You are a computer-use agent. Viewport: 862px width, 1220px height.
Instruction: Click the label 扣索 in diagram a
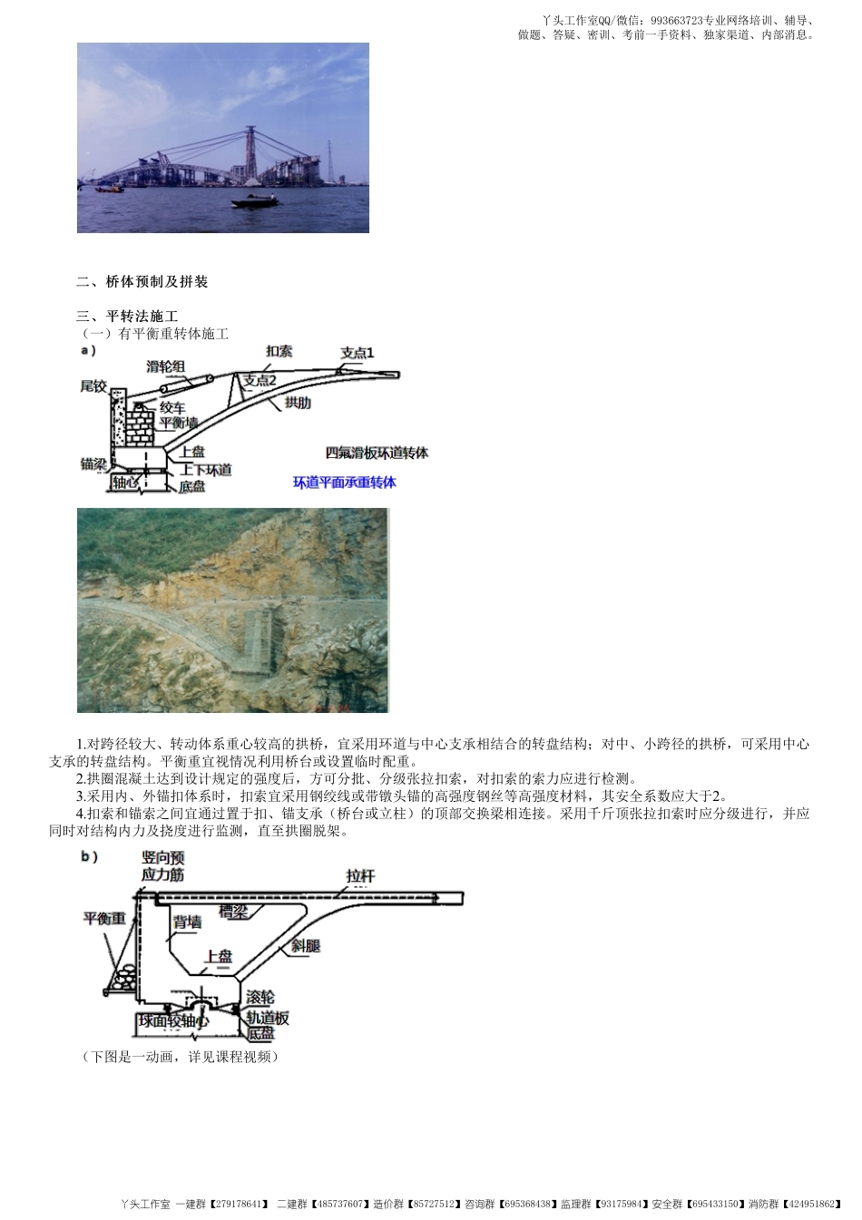pos(279,351)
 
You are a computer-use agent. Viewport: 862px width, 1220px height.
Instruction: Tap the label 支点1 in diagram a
pos(357,353)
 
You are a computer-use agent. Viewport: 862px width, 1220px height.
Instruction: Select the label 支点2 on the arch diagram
pos(259,381)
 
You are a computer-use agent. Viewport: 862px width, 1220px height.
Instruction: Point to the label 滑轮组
pos(166,366)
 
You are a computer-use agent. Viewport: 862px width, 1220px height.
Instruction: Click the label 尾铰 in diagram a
pos(93,386)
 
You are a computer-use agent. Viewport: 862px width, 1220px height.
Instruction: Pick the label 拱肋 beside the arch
pos(297,403)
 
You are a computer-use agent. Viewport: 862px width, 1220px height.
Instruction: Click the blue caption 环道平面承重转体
pos(344,483)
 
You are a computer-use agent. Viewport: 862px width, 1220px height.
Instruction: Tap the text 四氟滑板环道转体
pos(377,453)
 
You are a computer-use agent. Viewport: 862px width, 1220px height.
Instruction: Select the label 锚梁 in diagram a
pos(93,464)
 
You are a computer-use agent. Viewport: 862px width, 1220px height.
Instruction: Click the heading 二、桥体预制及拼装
pos(142,282)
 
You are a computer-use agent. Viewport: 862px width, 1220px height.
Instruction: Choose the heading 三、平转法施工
pos(127,317)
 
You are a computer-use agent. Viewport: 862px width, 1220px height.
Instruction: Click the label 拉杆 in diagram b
pos(360,876)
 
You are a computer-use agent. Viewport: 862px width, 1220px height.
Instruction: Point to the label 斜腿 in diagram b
pos(306,945)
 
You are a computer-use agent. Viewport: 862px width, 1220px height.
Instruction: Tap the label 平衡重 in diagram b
pos(104,918)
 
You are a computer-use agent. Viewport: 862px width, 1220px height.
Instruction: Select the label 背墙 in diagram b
pos(187,922)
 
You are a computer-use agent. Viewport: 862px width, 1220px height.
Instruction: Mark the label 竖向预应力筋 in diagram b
pos(163,865)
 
